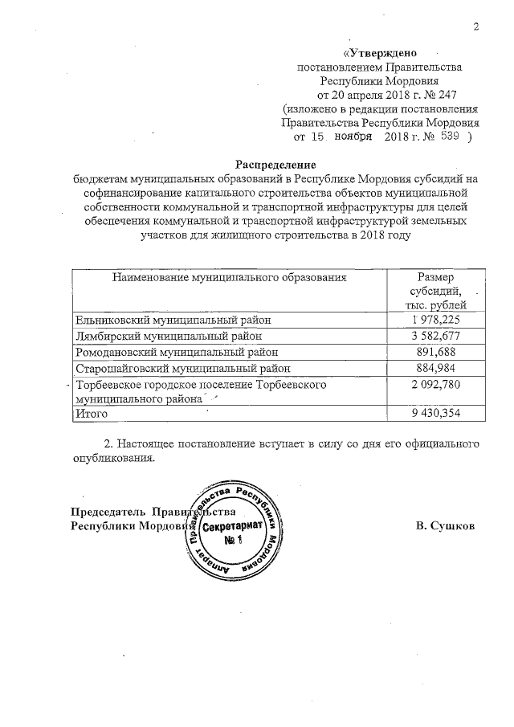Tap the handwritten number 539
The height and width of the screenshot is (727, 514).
[448, 137]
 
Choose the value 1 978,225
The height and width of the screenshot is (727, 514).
[435, 319]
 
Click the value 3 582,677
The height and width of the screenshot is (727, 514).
[435, 335]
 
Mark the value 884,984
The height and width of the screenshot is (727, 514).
[435, 368]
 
